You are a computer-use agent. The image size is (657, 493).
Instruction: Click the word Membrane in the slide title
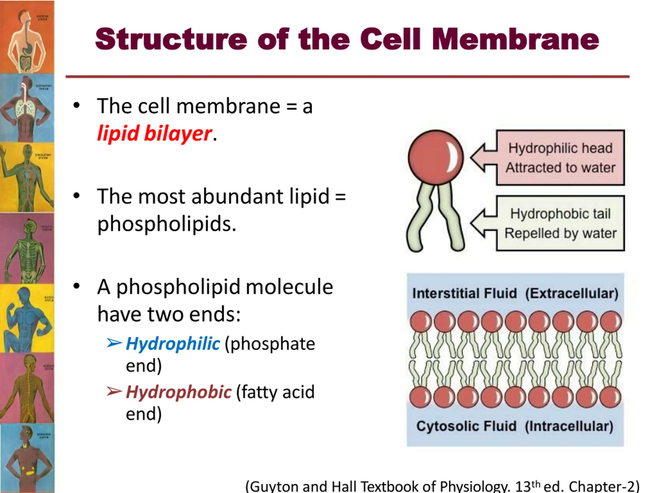515,39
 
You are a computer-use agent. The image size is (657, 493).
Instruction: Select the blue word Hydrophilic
173,344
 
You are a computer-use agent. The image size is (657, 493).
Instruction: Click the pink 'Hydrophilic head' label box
560,157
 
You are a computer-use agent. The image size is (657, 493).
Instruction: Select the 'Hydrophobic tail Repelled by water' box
560,223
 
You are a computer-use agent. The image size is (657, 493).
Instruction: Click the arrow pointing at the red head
484,157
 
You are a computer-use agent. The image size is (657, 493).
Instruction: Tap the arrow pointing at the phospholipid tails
484,223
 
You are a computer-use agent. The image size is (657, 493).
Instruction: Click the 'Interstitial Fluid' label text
465,293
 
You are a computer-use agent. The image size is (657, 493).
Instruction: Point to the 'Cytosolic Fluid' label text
466,426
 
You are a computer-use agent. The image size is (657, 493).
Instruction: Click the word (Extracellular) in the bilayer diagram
572,293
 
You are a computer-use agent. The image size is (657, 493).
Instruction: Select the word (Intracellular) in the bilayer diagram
569,426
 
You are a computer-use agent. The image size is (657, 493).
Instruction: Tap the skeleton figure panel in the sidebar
27,250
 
